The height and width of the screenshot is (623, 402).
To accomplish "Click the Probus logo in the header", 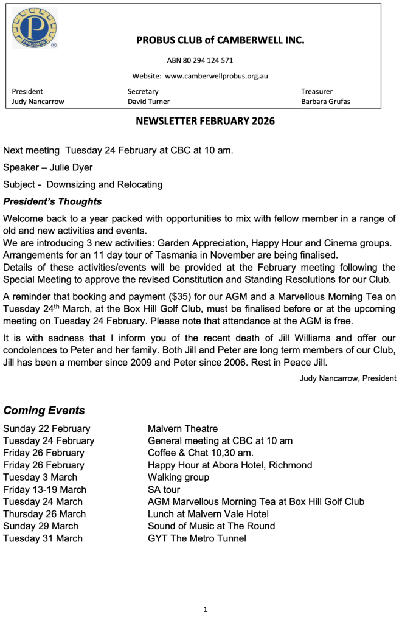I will coord(34,29).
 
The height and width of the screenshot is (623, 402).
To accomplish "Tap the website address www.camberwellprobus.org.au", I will coord(217,76).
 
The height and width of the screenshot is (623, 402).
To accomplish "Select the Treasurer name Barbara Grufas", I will coord(325,102).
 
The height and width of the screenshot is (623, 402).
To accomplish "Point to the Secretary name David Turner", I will coord(148,102).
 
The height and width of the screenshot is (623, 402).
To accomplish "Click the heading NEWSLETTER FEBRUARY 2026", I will coord(205,121).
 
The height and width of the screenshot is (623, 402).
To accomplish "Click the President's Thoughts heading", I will coord(52,201).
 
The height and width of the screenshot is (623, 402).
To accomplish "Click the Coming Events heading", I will coord(44,410).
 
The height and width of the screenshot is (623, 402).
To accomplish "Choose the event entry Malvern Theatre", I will coord(182,429).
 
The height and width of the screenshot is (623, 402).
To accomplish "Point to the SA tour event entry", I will coord(164,490).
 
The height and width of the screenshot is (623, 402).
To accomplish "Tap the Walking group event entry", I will coord(178,478).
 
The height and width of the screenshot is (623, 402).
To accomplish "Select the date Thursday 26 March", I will coord(44,514).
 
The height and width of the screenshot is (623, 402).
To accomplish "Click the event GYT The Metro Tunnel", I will coord(196,538).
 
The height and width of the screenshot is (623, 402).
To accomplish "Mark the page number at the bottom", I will coord(205,609).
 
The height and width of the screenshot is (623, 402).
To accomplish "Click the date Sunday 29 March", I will coord(41,526).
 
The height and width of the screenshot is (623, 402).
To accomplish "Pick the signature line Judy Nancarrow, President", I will coord(348,378).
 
